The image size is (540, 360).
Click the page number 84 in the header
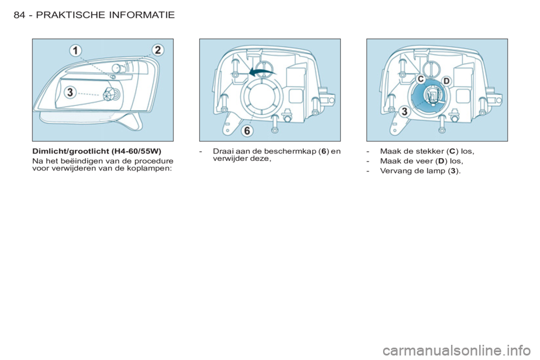click(19, 15)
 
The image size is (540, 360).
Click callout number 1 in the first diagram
click(75, 51)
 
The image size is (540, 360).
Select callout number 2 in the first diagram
click(157, 50)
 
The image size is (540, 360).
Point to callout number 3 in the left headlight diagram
click(70, 92)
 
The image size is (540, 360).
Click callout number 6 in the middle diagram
click(247, 130)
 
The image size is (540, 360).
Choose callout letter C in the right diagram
click(421, 79)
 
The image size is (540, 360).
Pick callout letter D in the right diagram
click(446, 82)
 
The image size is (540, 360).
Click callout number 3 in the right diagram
click(404, 111)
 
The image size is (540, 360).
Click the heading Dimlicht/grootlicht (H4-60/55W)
click(97, 151)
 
